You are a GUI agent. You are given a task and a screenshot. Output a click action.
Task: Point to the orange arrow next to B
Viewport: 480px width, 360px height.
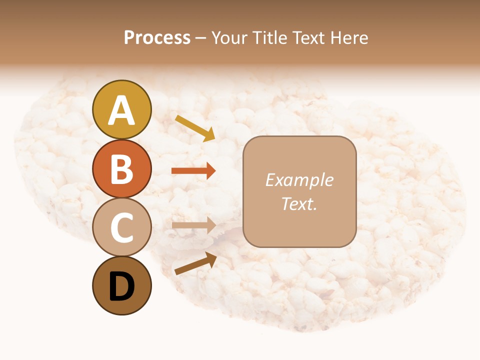[193, 171]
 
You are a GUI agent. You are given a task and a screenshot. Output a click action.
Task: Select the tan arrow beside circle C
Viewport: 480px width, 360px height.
[193, 225]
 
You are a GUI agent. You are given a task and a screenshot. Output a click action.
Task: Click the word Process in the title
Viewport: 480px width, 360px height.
[157, 38]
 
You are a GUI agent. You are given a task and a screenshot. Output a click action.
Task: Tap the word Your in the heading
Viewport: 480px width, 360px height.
[231, 38]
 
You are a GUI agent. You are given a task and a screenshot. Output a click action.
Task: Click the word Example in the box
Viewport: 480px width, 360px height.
[299, 180]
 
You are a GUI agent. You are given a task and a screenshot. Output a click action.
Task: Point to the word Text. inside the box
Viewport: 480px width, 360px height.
[299, 203]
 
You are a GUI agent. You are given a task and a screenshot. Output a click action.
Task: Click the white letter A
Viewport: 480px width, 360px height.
[121, 110]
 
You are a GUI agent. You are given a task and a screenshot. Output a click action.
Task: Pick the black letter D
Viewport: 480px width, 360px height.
[121, 286]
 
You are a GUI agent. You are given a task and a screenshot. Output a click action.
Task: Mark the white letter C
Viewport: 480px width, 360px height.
[121, 227]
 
